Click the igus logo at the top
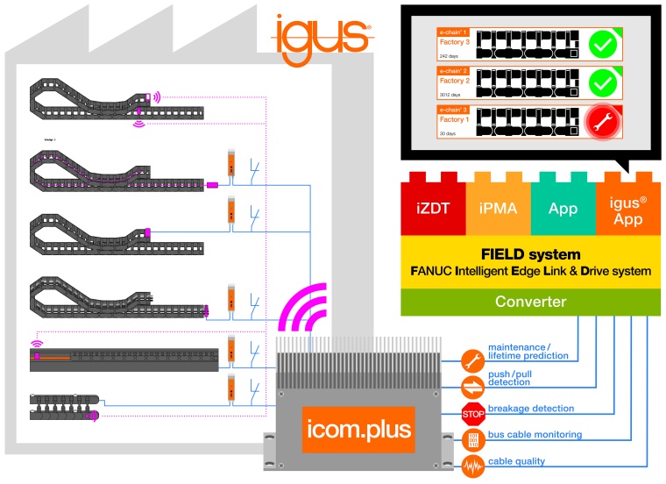tap(322, 36)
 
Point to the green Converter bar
tap(530, 302)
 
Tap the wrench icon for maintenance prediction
tap(473, 360)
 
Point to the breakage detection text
tap(530, 409)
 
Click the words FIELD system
tap(530, 254)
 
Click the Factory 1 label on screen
tap(454, 118)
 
